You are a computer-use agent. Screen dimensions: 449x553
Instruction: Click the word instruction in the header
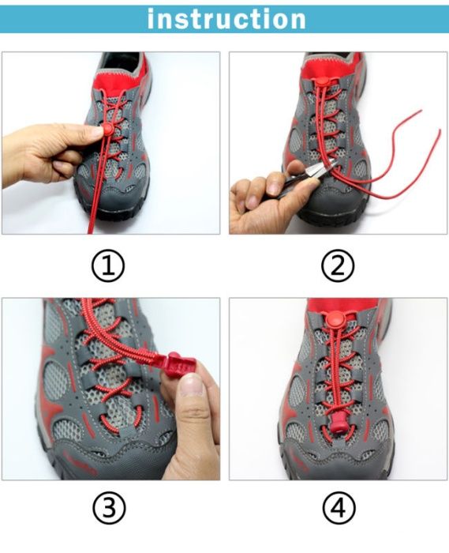point(226,19)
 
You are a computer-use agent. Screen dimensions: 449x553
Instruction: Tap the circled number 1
point(108,265)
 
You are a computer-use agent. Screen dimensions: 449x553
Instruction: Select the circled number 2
point(338,265)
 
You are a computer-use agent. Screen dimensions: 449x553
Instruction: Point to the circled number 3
point(109,509)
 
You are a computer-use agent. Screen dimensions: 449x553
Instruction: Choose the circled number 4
point(339,509)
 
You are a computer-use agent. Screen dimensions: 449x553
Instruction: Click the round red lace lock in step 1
point(107,129)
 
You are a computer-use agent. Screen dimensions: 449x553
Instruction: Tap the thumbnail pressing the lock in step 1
point(95,132)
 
